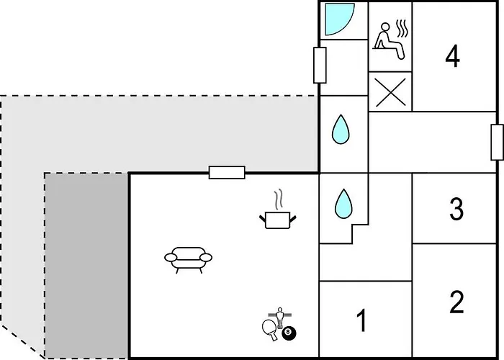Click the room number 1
click(362, 320)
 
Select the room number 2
click(456, 302)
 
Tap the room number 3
click(456, 210)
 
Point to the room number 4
click(453, 57)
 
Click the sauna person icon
click(388, 41)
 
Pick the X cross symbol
click(390, 92)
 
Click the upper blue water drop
click(341, 129)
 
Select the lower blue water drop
click(343, 204)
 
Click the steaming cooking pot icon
click(278, 220)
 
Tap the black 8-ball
click(289, 333)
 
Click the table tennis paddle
click(270, 329)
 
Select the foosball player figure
click(279, 317)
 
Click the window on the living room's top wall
click(227, 173)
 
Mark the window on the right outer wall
click(498, 142)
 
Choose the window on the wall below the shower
click(320, 65)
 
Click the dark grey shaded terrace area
click(86, 266)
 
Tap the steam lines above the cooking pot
click(279, 199)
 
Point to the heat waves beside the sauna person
click(402, 29)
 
